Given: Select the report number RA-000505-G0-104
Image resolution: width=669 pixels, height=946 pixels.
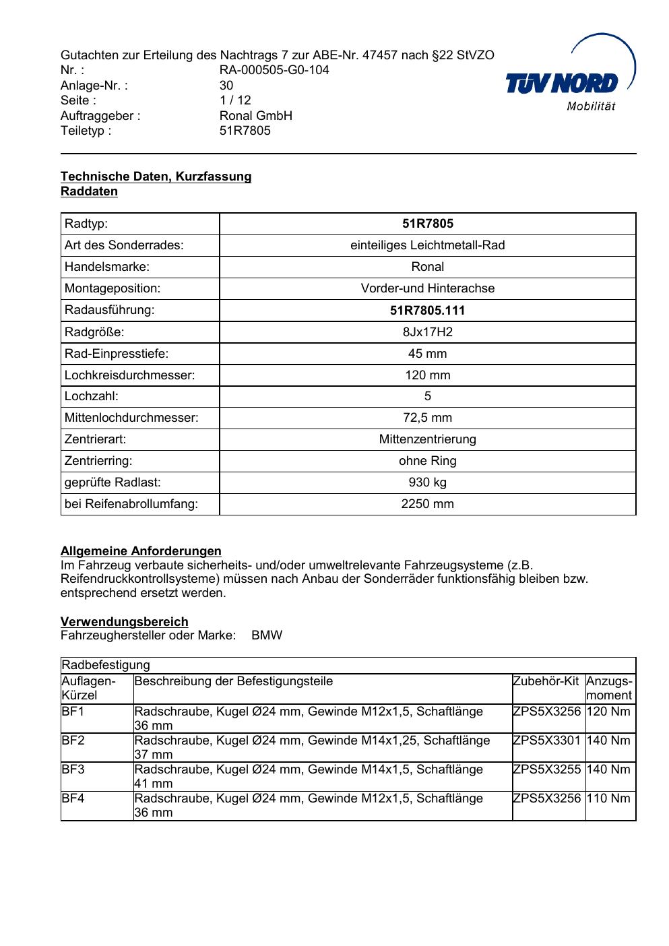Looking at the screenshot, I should click(274, 70).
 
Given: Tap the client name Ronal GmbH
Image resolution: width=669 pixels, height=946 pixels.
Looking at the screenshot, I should click(256, 116).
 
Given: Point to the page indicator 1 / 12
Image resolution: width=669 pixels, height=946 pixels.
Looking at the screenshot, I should click(235, 100).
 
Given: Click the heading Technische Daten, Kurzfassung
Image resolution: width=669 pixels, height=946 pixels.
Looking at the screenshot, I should click(156, 177).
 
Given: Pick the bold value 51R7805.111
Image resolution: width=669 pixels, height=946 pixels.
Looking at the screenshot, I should click(427, 311).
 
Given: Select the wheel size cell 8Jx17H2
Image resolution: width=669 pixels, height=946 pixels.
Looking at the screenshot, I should click(427, 332).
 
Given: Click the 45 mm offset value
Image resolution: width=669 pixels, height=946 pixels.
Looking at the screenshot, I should click(427, 354).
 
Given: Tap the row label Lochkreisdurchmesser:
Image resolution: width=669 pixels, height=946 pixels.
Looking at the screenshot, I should click(129, 375).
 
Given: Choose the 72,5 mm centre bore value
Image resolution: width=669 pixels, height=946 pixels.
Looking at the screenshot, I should click(427, 418).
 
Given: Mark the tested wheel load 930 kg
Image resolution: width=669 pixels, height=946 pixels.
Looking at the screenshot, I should click(427, 482).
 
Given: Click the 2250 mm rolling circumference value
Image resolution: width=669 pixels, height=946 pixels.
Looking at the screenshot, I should click(427, 504).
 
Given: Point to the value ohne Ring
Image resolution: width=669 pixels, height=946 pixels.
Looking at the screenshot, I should click(427, 461).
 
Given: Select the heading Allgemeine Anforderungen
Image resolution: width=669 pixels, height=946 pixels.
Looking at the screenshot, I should click(141, 551).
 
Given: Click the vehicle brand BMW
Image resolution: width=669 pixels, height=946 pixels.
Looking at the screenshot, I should click(267, 635).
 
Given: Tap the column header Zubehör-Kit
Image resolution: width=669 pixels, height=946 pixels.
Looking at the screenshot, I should click(546, 681).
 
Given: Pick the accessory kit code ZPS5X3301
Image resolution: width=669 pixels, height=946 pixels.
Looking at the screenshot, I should click(546, 740).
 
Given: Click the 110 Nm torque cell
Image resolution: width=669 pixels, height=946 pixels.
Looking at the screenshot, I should click(608, 798).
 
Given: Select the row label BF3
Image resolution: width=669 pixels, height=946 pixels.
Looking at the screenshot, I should click(73, 769).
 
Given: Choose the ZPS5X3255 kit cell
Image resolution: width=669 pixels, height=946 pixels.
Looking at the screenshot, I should click(546, 769).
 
